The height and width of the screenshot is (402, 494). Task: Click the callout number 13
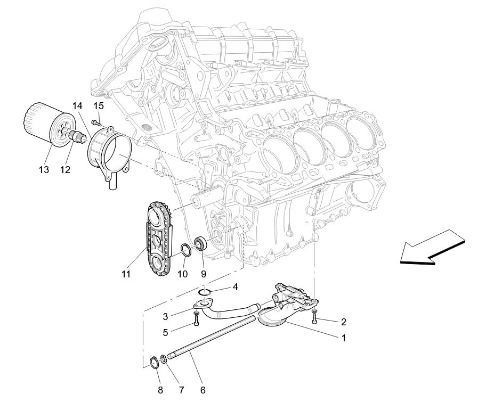point(43,170)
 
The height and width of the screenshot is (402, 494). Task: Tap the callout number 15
point(99,105)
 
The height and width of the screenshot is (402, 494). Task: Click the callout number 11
point(126,274)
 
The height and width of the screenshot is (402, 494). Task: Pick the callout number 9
point(203,274)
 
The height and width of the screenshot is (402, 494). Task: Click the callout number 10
point(183,274)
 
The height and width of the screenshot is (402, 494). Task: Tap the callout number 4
point(234,288)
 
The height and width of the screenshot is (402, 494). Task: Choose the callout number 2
point(343,322)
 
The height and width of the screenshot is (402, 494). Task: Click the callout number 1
point(343,338)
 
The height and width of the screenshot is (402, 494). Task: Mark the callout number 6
point(203,390)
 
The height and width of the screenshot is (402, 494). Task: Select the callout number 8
point(160,390)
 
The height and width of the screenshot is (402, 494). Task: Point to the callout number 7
point(181,390)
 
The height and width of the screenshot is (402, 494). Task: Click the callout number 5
point(166,332)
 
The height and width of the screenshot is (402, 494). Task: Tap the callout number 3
point(166,317)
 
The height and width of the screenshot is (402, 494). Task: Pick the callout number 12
point(65,170)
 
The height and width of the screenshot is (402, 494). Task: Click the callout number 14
point(78,105)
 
